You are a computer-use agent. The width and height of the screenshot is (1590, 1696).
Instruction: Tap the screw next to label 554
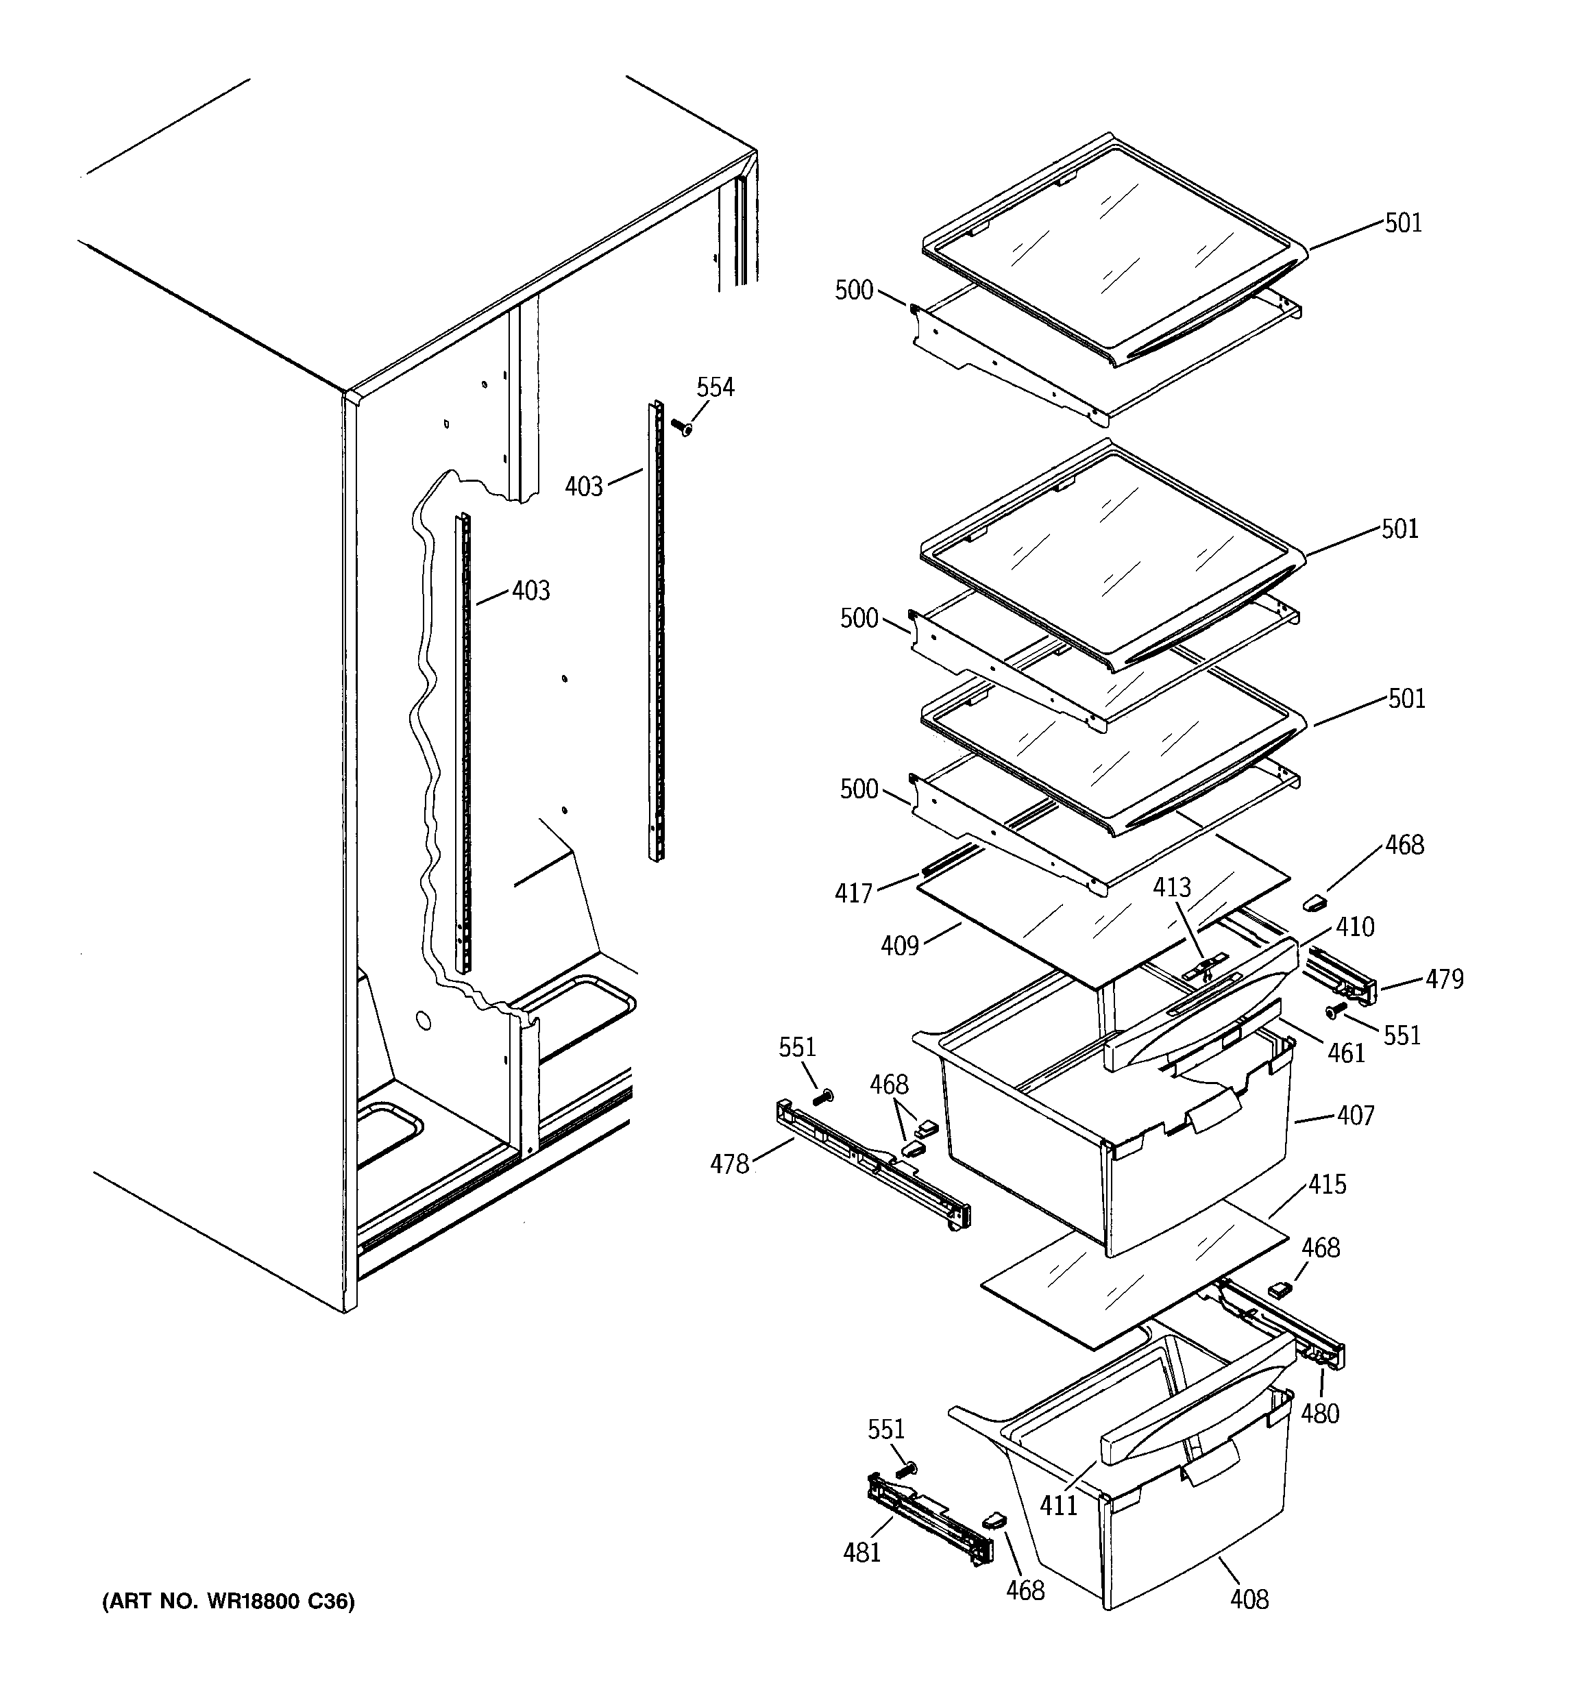coord(681,426)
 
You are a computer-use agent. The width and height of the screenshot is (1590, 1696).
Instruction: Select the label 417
coord(853,893)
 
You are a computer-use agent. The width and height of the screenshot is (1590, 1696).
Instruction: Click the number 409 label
coord(900,945)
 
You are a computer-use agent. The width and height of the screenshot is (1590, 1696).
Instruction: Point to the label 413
coord(1172,887)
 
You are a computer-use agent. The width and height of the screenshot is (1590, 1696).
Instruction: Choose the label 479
coord(1444,979)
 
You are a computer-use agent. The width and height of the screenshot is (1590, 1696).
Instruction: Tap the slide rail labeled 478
coord(870,1170)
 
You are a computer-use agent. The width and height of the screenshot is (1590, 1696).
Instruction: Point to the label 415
coord(1327,1184)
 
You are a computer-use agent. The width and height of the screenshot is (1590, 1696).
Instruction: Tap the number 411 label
coord(1058,1505)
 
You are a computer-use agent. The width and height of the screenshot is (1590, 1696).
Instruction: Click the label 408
coord(1249,1599)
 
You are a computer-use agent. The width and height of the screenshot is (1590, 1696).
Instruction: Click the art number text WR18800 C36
coord(228,1601)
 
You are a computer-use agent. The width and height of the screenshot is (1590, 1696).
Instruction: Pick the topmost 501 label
coord(1403,223)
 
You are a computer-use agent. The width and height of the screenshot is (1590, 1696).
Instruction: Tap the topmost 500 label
coord(853,291)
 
